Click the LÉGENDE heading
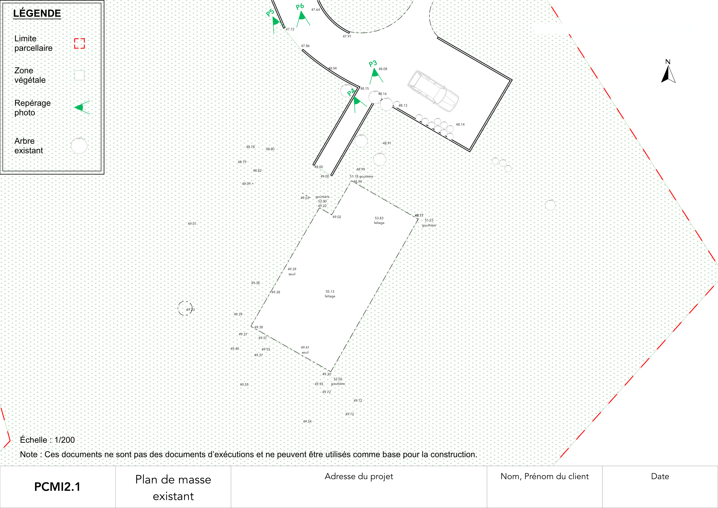click(x=37, y=13)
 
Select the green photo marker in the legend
click(x=82, y=107)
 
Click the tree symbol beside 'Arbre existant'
click(x=79, y=146)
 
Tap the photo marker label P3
click(x=373, y=64)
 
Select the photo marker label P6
click(x=300, y=6)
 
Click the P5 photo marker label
click(x=270, y=13)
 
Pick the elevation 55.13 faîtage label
click(x=330, y=294)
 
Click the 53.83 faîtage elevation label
click(x=379, y=221)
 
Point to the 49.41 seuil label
click(x=305, y=350)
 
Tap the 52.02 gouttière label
click(x=338, y=381)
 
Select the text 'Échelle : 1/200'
click(x=48, y=440)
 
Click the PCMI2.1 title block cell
click(x=57, y=487)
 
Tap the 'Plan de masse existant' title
click(x=173, y=488)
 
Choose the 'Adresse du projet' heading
click(x=359, y=476)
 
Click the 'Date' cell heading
click(x=660, y=476)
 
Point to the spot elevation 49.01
click(x=192, y=224)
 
